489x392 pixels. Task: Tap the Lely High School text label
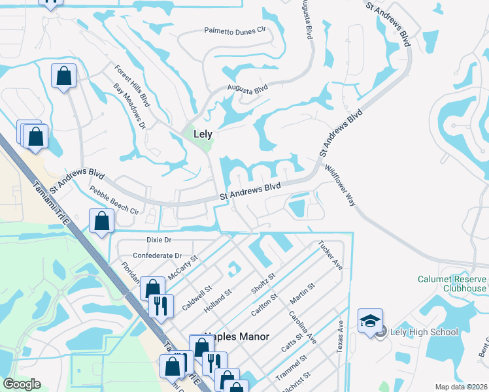click(424, 332)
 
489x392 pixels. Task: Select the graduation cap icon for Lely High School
click(369, 321)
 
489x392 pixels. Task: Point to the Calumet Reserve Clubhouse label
click(452, 284)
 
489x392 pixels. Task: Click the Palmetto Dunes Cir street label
click(236, 30)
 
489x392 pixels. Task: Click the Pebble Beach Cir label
click(114, 203)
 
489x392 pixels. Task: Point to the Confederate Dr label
click(157, 255)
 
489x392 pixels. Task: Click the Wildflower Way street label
click(340, 186)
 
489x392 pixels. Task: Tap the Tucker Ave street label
click(330, 255)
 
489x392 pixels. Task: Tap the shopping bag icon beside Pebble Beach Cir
click(101, 221)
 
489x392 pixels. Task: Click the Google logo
click(21, 384)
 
